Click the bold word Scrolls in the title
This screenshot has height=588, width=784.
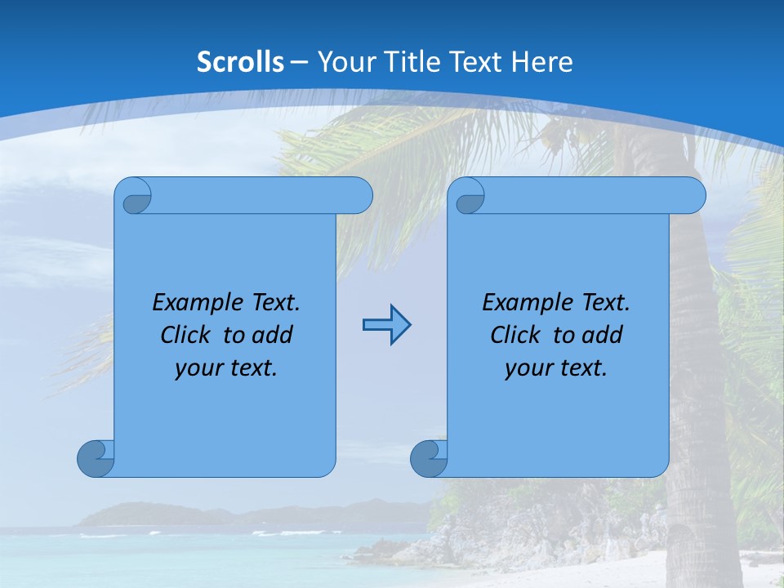pos(240,62)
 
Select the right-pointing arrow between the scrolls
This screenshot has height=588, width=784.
pos(386,325)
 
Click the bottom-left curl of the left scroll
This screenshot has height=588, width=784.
pos(95,458)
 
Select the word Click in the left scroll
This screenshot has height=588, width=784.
pos(187,335)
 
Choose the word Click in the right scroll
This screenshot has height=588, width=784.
pos(517,335)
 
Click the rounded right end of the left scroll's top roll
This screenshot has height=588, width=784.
pos(360,196)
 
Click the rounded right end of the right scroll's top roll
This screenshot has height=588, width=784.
pos(693,196)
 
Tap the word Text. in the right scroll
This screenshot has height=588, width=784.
pos(605,303)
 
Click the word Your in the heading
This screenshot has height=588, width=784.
pos(344,62)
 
